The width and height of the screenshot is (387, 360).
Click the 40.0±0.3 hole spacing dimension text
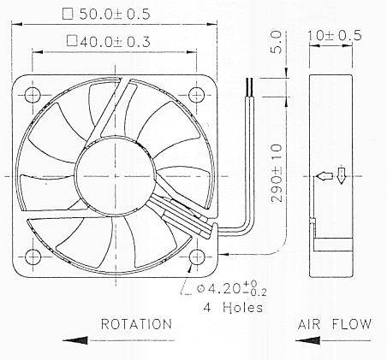click(120, 40)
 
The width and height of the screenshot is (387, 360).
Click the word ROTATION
click(136, 324)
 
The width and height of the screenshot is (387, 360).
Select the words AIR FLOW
click(334, 324)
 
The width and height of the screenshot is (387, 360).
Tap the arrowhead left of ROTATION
click(74, 339)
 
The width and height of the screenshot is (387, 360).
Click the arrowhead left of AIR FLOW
click(305, 339)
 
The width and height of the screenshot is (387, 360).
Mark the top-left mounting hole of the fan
click(33, 92)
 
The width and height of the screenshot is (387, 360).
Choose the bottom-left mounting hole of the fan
click(33, 255)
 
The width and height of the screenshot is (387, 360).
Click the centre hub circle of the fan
click(116, 173)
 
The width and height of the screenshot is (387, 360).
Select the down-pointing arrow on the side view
click(342, 176)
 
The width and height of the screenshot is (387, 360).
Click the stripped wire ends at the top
click(250, 86)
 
